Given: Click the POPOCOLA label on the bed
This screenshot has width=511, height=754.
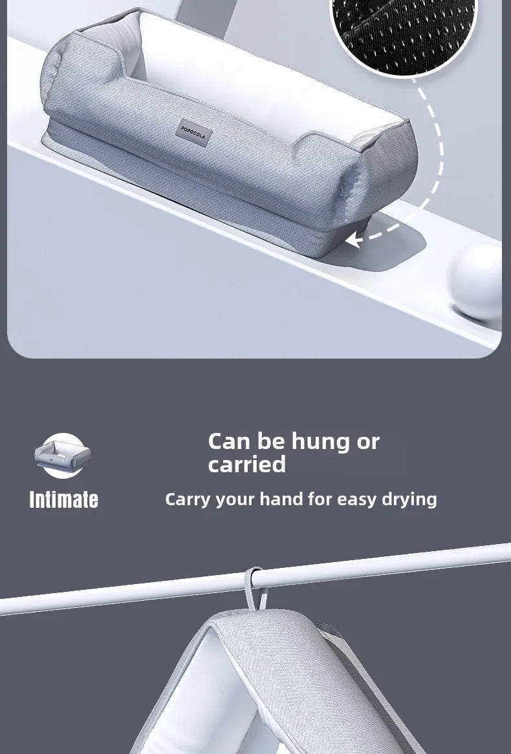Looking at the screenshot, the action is pyautogui.click(x=193, y=132).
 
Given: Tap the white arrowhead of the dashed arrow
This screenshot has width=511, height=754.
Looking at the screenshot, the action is pyautogui.click(x=353, y=239).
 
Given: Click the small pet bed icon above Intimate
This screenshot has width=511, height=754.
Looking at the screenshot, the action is pyautogui.click(x=63, y=456).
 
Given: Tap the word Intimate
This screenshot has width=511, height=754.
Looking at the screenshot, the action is pyautogui.click(x=63, y=499).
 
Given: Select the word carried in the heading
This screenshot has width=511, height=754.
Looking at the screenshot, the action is pyautogui.click(x=246, y=465).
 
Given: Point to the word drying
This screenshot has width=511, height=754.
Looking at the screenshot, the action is pyautogui.click(x=409, y=500).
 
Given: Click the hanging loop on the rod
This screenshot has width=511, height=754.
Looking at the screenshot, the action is pyautogui.click(x=255, y=587).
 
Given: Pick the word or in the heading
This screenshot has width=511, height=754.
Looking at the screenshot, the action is pyautogui.click(x=368, y=443).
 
